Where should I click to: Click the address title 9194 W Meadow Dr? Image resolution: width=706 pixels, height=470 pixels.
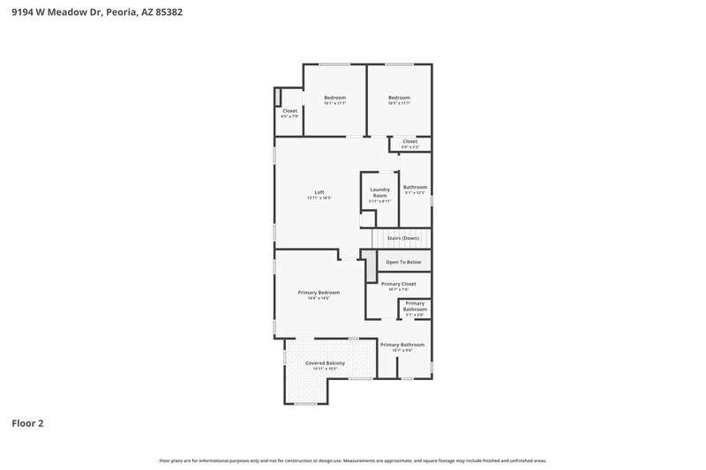(98, 13)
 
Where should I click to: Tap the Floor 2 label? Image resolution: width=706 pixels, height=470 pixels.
(27, 423)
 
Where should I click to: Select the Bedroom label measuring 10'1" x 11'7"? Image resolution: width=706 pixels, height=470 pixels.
(334, 98)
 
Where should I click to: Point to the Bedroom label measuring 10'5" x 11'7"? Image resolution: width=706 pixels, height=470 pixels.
(400, 98)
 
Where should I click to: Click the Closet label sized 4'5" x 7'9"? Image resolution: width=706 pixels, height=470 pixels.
(289, 111)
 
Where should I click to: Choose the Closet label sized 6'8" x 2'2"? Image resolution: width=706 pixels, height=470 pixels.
(409, 141)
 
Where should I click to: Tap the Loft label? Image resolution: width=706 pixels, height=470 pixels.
(319, 192)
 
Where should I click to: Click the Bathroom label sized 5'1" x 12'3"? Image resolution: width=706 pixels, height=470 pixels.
(415, 187)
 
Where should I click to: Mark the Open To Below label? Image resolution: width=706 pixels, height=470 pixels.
(404, 262)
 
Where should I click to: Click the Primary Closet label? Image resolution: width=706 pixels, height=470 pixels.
(398, 284)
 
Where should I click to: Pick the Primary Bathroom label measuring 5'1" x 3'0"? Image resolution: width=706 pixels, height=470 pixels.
(415, 306)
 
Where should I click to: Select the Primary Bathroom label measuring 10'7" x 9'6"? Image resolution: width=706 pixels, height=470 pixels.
(402, 345)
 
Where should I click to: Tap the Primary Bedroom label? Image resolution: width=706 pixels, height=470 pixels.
(319, 292)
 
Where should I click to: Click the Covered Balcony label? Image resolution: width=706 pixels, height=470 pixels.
(325, 363)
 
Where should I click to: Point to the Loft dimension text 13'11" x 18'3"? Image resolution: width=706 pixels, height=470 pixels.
(319, 198)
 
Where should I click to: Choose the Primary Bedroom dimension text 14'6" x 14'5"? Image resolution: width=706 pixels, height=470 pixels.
(319, 298)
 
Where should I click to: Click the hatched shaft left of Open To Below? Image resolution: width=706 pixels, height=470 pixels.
(368, 261)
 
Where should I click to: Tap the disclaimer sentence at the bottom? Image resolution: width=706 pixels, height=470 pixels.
(353, 460)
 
